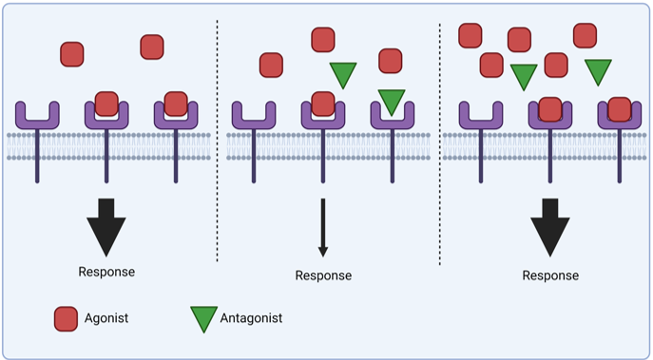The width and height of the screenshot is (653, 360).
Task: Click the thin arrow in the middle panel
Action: click(x=323, y=228)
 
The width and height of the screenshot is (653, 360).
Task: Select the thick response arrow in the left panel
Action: click(x=106, y=227)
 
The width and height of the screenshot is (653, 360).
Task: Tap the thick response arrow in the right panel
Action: click(x=549, y=227)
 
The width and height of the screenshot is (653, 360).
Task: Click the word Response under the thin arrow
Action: click(x=323, y=275)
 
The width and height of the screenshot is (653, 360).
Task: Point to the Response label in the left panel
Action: click(x=106, y=272)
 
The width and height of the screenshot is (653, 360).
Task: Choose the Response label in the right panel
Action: click(x=550, y=275)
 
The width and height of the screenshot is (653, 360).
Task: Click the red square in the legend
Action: click(x=67, y=319)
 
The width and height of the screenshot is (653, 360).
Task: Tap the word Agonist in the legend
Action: click(x=106, y=319)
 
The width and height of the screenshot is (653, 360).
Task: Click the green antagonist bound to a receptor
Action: click(x=391, y=100)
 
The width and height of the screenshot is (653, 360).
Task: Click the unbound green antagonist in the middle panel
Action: click(x=342, y=74)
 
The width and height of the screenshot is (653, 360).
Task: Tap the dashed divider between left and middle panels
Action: click(x=218, y=142)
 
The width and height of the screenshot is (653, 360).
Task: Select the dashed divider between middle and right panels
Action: click(x=439, y=142)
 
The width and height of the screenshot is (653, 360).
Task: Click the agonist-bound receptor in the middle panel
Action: click(x=323, y=114)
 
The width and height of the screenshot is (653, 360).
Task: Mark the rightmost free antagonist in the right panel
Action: click(x=598, y=70)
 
